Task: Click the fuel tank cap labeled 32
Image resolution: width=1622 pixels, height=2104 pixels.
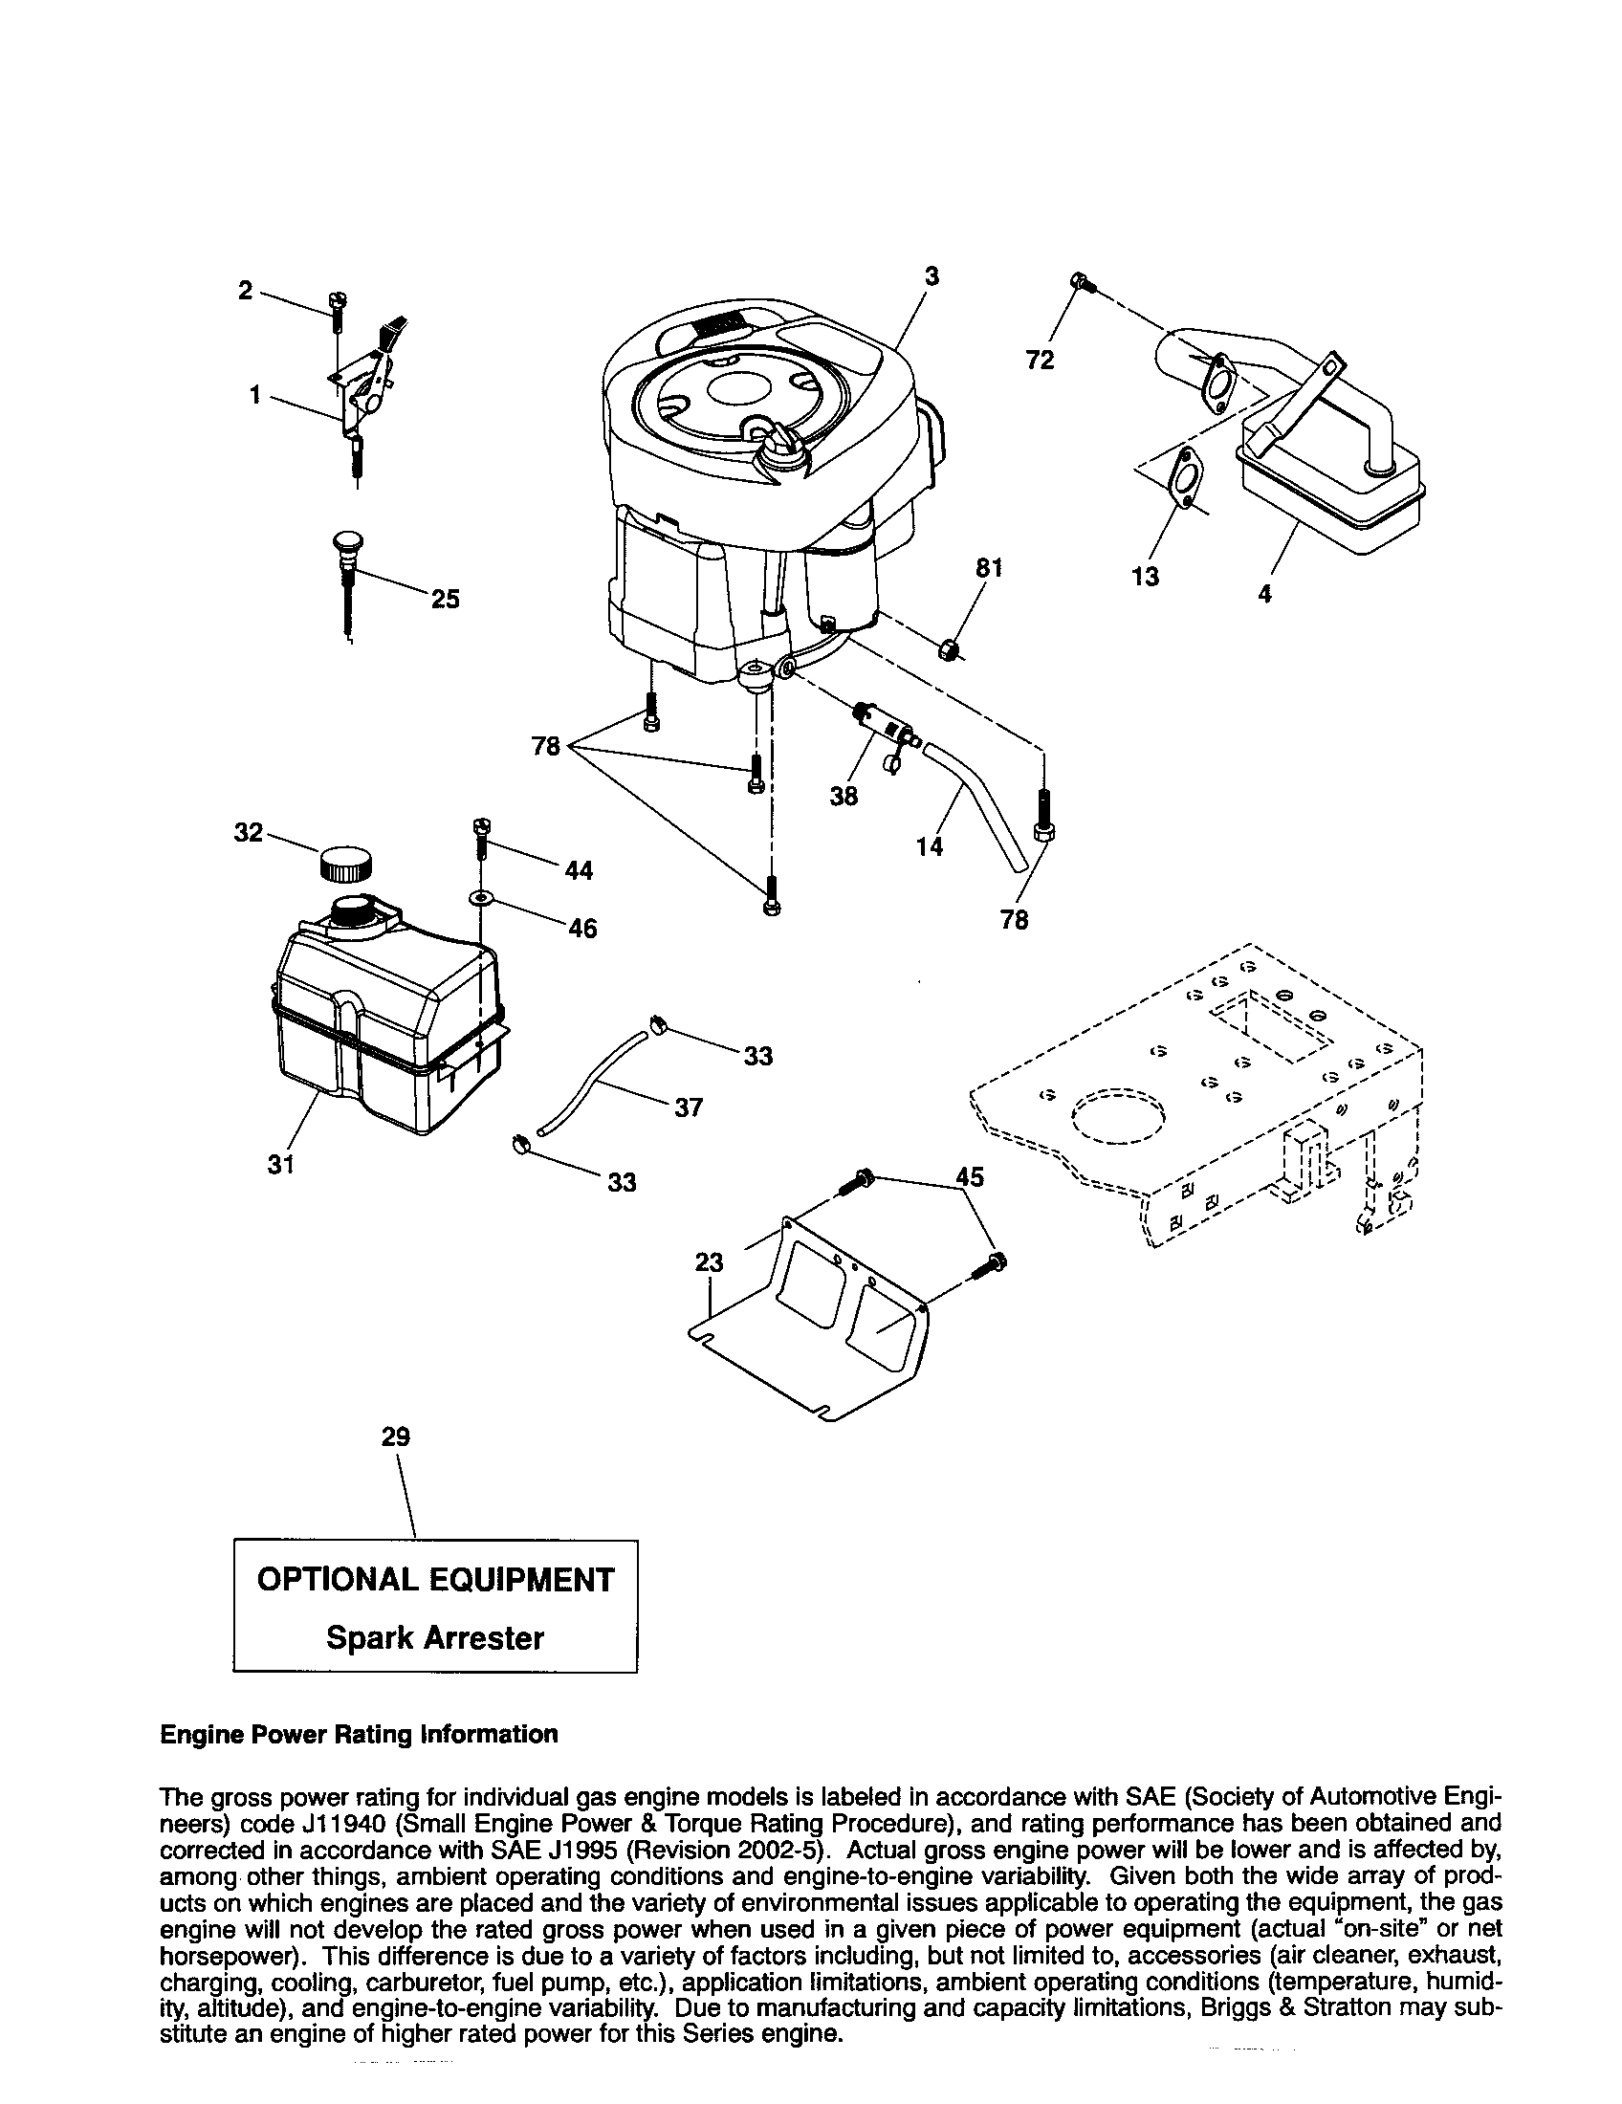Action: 348,862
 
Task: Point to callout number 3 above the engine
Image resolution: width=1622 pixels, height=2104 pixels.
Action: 932,276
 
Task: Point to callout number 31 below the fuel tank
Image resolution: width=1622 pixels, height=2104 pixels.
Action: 280,1165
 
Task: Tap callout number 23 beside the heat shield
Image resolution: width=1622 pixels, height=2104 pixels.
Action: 709,1262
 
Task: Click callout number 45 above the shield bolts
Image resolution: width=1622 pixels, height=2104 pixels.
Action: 970,1177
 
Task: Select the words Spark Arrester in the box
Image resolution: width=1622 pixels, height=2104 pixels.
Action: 434,1637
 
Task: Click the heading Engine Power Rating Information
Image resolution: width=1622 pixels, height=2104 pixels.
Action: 359,1734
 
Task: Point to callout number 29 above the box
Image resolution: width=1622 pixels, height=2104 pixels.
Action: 395,1437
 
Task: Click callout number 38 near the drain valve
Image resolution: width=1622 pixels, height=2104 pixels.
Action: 844,796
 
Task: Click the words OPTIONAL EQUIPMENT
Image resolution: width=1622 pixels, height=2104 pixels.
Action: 434,1580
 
